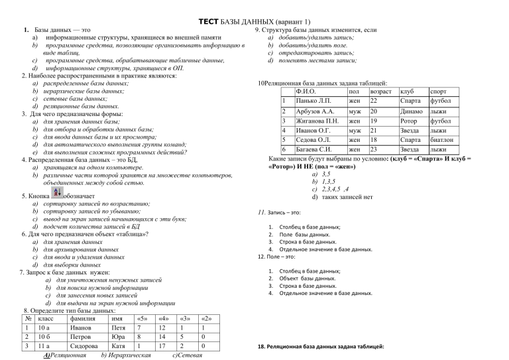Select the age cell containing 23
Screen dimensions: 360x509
tap(374, 150)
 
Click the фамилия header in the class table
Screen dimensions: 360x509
tap(82, 318)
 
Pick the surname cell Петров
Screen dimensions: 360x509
tap(82, 336)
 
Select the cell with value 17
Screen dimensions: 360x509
tap(162, 345)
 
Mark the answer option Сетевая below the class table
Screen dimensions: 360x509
tap(187, 355)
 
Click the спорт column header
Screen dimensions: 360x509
tap(439, 91)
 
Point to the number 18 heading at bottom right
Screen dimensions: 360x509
tap(260, 347)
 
